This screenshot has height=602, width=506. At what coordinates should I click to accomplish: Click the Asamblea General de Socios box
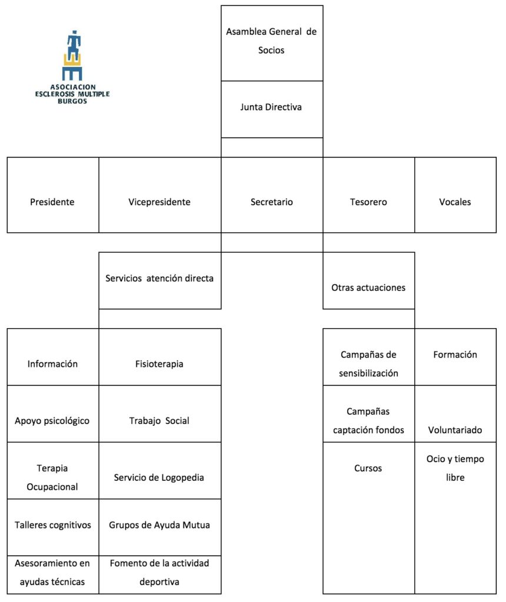pyautogui.click(x=272, y=43)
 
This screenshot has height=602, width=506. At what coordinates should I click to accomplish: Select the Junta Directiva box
pyautogui.click(x=272, y=109)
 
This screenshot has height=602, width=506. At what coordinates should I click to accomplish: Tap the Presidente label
pyautogui.click(x=52, y=202)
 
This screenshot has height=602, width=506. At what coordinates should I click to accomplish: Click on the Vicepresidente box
pyautogui.click(x=160, y=195)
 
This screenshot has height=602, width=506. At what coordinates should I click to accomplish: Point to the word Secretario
pyautogui.click(x=272, y=202)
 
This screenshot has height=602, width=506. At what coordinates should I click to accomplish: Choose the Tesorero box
pyautogui.click(x=369, y=195)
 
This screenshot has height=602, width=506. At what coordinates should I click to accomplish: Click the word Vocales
pyautogui.click(x=455, y=202)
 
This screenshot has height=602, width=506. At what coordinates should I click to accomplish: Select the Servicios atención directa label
pyautogui.click(x=159, y=278)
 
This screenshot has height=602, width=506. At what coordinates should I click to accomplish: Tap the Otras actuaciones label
pyautogui.click(x=368, y=287)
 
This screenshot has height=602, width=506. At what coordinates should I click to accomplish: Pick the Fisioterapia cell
pyautogui.click(x=160, y=357)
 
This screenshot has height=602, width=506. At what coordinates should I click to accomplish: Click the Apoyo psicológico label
pyautogui.click(x=52, y=421)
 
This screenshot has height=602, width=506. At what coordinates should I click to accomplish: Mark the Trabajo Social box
pyautogui.click(x=160, y=414)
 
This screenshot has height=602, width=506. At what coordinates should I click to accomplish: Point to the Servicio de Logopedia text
pyautogui.click(x=159, y=477)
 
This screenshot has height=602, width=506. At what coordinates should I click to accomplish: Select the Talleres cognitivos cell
pyautogui.click(x=53, y=527)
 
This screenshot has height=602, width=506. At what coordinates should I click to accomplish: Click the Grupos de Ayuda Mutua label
pyautogui.click(x=159, y=525)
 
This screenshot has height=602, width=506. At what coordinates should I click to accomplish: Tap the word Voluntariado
pyautogui.click(x=455, y=430)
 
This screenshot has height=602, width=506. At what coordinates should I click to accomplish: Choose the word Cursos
pyautogui.click(x=368, y=468)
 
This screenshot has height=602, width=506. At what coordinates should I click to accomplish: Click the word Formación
pyautogui.click(x=455, y=354)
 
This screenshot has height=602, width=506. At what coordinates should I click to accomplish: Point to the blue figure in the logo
pyautogui.click(x=74, y=45)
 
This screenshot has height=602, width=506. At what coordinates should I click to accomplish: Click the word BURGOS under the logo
pyautogui.click(x=72, y=101)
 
